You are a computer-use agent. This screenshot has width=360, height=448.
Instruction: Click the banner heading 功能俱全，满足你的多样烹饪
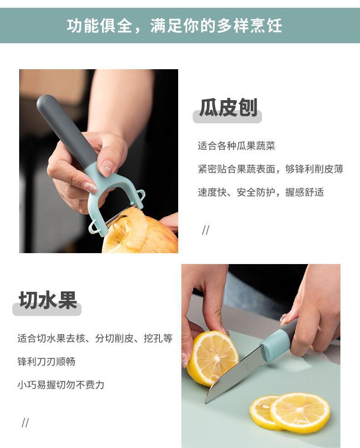point(175,25)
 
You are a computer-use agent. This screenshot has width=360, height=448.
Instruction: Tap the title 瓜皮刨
point(228,107)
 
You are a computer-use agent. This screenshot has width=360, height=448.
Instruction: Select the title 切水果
point(48,300)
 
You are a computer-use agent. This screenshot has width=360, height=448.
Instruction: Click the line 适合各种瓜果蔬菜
point(237,146)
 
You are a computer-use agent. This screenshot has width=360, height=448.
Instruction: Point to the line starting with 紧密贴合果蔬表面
point(271,169)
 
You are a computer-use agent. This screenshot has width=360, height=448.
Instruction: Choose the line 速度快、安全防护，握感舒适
point(261,192)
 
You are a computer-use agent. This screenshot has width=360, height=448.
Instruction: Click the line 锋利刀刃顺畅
point(46,361)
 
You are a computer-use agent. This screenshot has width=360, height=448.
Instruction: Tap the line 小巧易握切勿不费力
point(61,385)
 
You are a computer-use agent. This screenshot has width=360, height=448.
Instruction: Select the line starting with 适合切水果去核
point(95,338)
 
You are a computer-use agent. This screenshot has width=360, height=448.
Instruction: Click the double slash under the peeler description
point(206,230)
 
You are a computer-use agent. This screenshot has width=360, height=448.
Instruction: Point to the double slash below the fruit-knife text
point(26,423)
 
